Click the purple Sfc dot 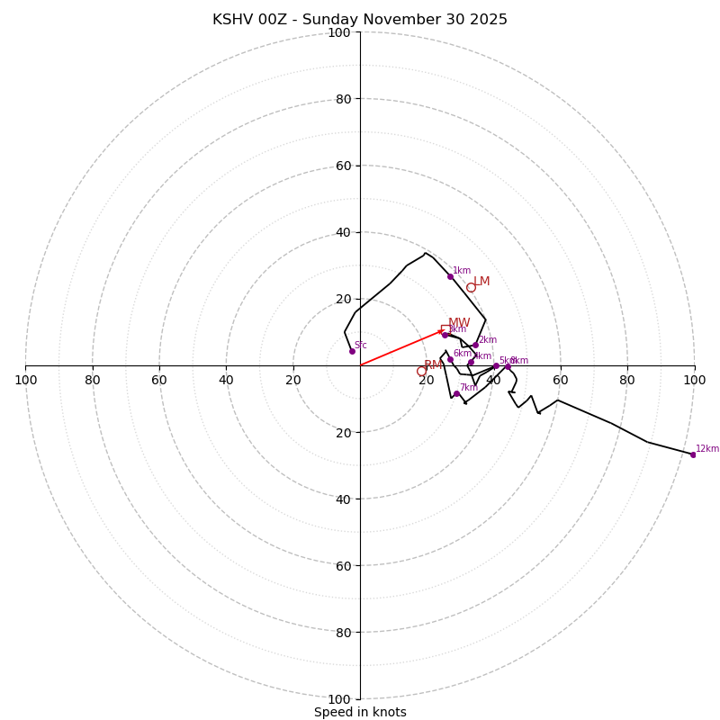tap(352, 351)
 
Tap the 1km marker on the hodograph tap(450, 276)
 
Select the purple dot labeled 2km tap(475, 345)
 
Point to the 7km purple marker tap(456, 393)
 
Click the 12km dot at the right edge tap(692, 454)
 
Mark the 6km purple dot tap(450, 359)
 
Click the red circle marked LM tap(471, 287)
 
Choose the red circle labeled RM tap(421, 371)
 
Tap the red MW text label tap(459, 323)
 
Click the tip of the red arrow tap(443, 330)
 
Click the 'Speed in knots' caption tap(360, 712)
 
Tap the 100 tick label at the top tap(338, 33)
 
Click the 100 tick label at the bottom tap(338, 699)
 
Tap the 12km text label tap(707, 448)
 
